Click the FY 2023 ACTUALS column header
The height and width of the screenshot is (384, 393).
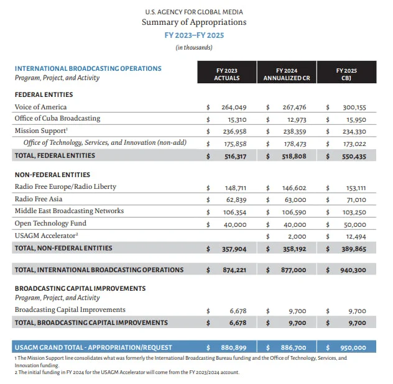click(x=226, y=75)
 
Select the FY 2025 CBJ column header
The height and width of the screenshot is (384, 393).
click(x=346, y=75)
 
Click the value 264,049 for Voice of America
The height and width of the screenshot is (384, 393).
click(x=234, y=107)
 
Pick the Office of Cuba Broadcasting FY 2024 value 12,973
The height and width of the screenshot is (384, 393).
click(x=294, y=119)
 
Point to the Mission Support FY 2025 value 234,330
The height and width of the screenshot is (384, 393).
click(x=354, y=131)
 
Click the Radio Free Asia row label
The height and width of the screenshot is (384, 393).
click(x=39, y=199)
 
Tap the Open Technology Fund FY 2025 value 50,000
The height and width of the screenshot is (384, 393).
click(x=354, y=224)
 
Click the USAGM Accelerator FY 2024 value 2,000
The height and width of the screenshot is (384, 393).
click(x=297, y=236)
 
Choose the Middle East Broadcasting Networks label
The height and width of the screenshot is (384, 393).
click(x=69, y=211)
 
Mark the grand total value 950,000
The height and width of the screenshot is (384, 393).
click(x=353, y=348)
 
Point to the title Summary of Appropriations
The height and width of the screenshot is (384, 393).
click(x=193, y=22)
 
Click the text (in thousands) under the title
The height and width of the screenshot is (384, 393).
click(x=193, y=47)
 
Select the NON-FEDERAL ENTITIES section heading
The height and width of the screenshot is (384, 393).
click(x=52, y=175)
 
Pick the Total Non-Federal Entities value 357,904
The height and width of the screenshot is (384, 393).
click(x=234, y=248)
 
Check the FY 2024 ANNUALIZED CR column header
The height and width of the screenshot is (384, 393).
click(x=286, y=75)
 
